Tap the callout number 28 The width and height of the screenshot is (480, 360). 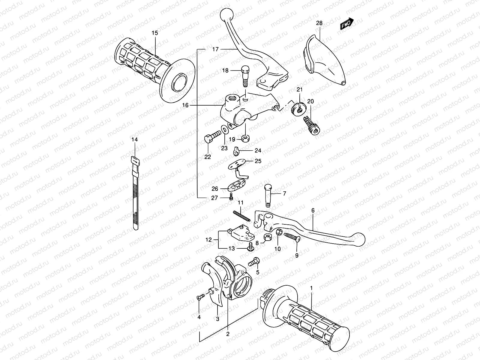point(319,23)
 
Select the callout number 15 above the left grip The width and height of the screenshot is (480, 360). point(154,33)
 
